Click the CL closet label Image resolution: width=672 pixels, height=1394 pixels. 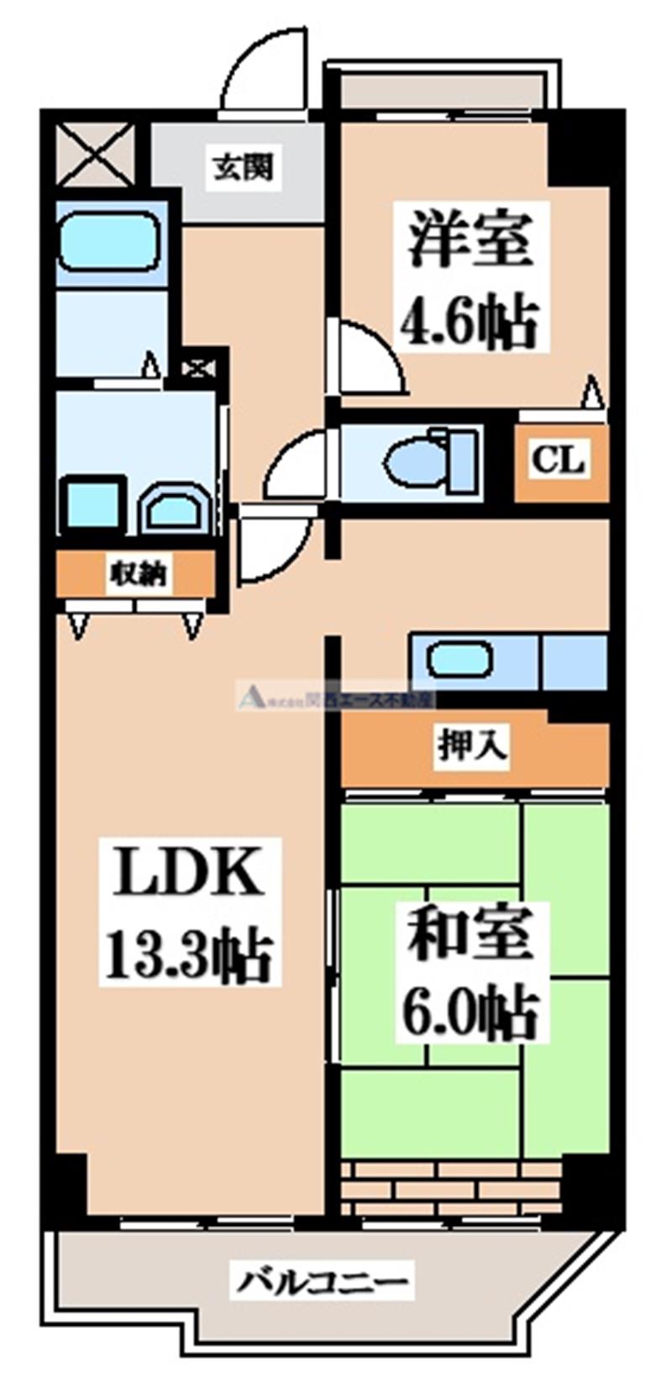[561, 460]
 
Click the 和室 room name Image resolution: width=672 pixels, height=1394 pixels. [470, 934]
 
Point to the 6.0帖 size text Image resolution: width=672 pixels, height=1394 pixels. [470, 1014]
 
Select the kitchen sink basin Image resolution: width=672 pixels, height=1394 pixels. [459, 659]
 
